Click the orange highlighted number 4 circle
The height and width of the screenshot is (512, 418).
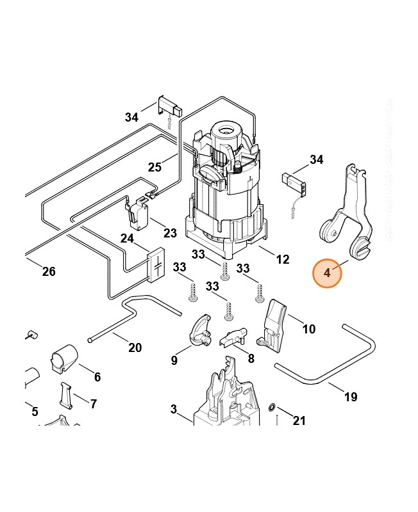pyautogui.click(x=328, y=273)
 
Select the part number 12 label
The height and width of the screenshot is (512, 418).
pyautogui.click(x=282, y=260)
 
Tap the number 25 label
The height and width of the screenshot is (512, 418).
pyautogui.click(x=155, y=168)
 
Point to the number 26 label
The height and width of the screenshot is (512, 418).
pyautogui.click(x=49, y=272)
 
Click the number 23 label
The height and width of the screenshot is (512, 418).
pyautogui.click(x=170, y=233)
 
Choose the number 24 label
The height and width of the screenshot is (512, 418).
pyautogui.click(x=127, y=239)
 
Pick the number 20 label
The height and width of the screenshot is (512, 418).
pyautogui.click(x=135, y=348)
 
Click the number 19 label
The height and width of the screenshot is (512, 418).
pyautogui.click(x=350, y=397)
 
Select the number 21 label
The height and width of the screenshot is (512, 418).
pyautogui.click(x=299, y=420)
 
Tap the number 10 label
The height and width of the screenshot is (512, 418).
pyautogui.click(x=309, y=330)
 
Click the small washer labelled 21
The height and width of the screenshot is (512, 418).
pyautogui.click(x=272, y=407)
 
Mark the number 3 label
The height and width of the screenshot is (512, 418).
pyautogui.click(x=173, y=409)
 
